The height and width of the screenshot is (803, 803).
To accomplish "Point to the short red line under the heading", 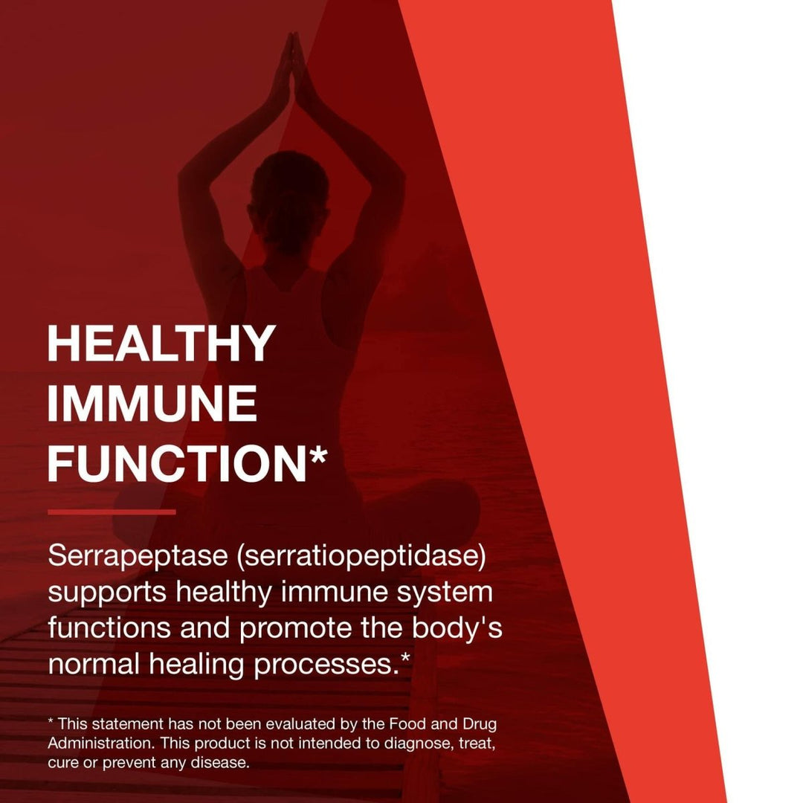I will (x=112, y=512).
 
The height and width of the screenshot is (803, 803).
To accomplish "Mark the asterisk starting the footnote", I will (x=51, y=722).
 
